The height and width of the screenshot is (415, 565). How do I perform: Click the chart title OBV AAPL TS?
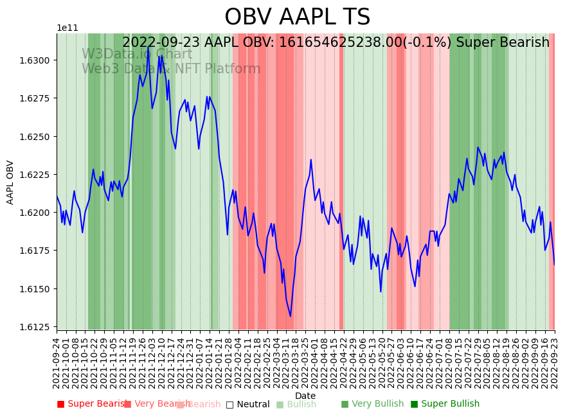[x=297, y=17]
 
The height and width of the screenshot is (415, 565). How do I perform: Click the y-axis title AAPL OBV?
[x=10, y=182]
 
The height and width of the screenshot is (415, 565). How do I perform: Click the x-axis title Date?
[x=305, y=396]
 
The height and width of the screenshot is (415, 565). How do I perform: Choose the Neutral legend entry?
[x=248, y=404]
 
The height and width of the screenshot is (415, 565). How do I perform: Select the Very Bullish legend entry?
[x=373, y=404]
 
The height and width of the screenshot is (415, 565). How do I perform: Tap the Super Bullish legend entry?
[x=445, y=404]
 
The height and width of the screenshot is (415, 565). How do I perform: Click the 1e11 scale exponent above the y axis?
[x=67, y=28]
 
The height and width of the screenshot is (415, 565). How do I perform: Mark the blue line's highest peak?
[x=148, y=46]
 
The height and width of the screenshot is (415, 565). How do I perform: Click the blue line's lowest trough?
[x=291, y=316]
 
